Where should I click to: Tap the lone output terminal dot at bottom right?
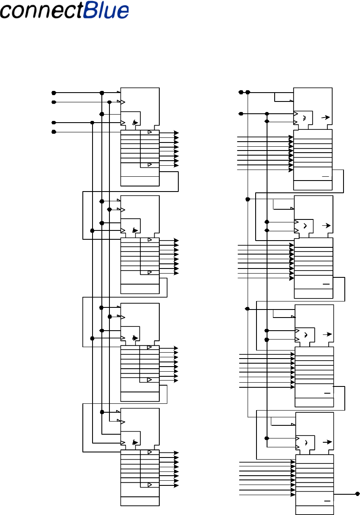tap(357, 493)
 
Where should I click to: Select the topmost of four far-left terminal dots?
tap(54, 93)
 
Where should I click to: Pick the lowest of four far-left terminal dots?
tap(54, 132)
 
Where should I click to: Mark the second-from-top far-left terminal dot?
tap(54, 102)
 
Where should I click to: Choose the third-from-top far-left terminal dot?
tap(54, 123)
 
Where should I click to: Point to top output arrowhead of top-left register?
tap(177, 133)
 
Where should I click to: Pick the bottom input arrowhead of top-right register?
tap(291, 170)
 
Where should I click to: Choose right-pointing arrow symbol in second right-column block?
tap(326, 226)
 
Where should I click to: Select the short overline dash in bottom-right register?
tap(326, 501)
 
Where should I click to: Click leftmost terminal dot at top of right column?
tap(241, 92)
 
